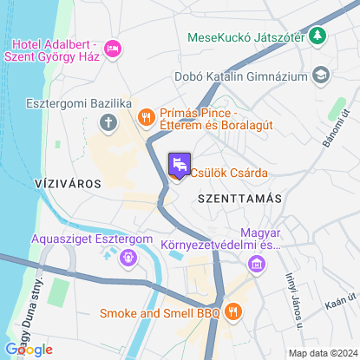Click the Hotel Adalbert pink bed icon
[111, 49]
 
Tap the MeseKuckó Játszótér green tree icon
[318, 36]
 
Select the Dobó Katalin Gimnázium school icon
[320, 75]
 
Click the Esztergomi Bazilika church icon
[108, 121]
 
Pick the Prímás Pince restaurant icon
[146, 115]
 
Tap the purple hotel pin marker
[178, 165]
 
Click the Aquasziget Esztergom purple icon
[128, 257]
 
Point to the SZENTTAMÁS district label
[239, 199]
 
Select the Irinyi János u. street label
[293, 302]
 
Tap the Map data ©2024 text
[323, 353]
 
